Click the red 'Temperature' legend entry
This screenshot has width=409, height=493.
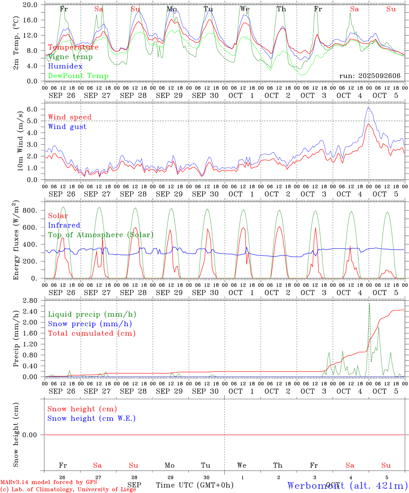(x=73, y=47)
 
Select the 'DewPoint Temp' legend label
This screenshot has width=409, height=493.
(x=78, y=76)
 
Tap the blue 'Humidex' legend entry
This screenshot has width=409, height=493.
(x=65, y=66)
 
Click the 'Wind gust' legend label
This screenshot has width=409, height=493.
(x=67, y=127)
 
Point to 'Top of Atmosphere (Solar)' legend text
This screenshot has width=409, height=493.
(x=101, y=235)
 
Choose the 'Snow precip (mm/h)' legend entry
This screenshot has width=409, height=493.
(x=90, y=324)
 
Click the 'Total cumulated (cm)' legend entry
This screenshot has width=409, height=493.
(x=91, y=333)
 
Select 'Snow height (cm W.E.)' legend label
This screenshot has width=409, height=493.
(x=91, y=418)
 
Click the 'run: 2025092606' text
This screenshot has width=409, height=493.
(x=370, y=76)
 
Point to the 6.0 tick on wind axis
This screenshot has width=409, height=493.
(x=34, y=109)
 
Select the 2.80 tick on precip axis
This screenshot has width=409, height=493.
(x=30, y=301)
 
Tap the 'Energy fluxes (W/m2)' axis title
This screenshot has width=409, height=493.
(x=16, y=241)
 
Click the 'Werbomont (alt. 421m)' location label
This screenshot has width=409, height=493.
(x=347, y=485)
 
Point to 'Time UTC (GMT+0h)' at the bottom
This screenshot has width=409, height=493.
(x=195, y=485)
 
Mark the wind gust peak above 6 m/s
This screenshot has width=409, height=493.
(x=369, y=108)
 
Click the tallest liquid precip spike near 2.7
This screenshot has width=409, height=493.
(x=369, y=304)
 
